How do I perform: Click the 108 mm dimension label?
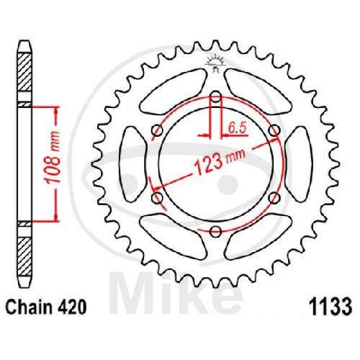(x=53, y=158)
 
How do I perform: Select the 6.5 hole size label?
(x=238, y=128)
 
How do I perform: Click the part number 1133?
(x=330, y=307)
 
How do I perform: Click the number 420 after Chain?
(x=71, y=307)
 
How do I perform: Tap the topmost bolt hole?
(x=216, y=96)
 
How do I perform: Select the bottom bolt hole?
(x=215, y=232)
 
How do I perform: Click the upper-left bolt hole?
(x=158, y=130)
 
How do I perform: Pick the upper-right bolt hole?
(x=274, y=130)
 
